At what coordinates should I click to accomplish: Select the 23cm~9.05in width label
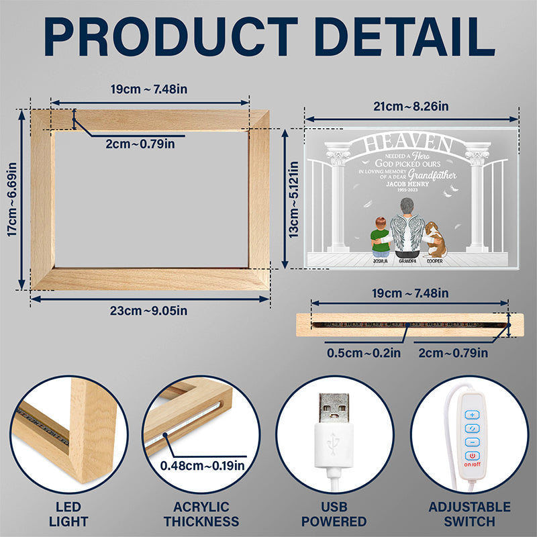coord(150,309)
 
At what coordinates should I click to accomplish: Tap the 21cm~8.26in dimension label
coord(411,105)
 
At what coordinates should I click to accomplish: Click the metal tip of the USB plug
coord(334,409)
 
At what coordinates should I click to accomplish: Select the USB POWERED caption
coord(334,514)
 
